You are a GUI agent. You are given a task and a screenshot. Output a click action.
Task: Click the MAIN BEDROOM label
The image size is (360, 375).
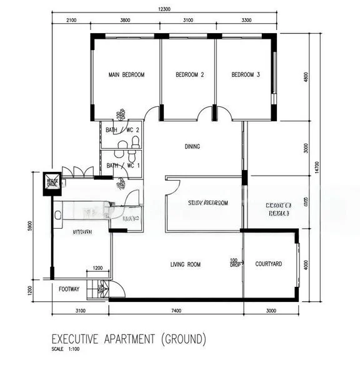pos(126,75)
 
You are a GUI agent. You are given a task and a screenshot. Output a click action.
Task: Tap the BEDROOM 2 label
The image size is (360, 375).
pos(190,75)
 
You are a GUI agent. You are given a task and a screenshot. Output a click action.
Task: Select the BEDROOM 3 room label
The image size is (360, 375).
pos(246,75)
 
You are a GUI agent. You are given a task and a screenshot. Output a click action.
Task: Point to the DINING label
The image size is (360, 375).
pos(192,147)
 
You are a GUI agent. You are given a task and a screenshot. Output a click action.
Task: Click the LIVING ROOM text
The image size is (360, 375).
pos(186,265)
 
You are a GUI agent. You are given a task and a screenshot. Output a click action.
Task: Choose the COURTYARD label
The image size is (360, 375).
pos(269,264)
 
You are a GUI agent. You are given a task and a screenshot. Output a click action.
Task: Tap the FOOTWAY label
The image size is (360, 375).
pos(69,289)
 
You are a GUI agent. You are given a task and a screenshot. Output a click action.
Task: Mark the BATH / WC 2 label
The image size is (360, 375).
pos(122,130)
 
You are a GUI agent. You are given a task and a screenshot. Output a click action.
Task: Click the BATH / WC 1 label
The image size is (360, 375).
pos(122,166)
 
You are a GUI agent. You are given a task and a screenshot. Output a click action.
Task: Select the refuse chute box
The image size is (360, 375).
pos(52,182)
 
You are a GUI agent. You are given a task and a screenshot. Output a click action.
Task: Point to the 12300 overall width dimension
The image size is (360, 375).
pos(164,9)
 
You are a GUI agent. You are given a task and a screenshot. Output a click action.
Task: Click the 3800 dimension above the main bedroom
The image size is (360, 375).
pos(125,21)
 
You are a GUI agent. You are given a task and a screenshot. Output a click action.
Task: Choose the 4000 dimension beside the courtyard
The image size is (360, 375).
pos(306,264)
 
